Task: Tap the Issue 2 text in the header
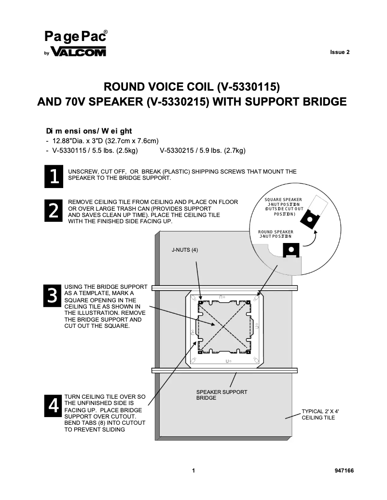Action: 340,53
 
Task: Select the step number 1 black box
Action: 52,176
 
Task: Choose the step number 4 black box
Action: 52,405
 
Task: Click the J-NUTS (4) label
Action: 185,250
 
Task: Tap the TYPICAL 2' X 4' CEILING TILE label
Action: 320,415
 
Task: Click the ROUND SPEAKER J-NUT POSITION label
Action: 276,234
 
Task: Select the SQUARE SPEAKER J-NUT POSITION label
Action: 284,206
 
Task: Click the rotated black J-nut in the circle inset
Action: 309,219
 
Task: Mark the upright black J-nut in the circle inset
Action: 291,250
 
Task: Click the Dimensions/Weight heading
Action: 88,131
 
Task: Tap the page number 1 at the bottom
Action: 193,471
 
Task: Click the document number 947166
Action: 344,471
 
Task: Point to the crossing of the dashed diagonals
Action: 223,327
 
